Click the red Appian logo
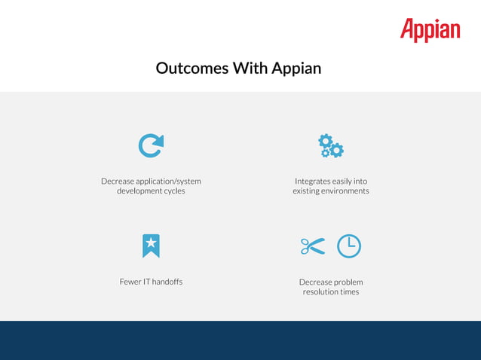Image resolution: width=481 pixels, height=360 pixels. [430, 30]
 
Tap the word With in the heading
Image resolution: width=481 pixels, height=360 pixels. [250, 68]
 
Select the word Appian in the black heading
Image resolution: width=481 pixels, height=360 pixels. [296, 69]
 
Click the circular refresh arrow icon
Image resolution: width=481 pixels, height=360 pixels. [151, 145]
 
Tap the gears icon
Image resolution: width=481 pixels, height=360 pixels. [330, 145]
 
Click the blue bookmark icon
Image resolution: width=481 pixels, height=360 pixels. [151, 246]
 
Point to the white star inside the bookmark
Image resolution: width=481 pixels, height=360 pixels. [151, 243]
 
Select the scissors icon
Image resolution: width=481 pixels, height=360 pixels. [312, 246]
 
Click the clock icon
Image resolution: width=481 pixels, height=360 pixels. [348, 246]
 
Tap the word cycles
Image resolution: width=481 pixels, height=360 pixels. [173, 191]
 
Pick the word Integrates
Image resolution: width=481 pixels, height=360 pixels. [313, 182]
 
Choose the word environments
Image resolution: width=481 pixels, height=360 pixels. [344, 191]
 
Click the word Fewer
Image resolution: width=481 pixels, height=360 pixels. [130, 282]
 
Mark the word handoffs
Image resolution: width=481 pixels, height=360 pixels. [167, 282]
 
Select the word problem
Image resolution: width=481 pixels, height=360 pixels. [348, 282]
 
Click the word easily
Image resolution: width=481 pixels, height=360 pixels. [343, 182]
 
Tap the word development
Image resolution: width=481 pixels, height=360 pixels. [139, 191]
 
